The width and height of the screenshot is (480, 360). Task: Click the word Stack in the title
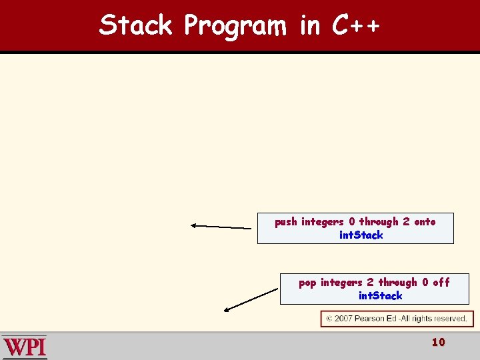click(135, 25)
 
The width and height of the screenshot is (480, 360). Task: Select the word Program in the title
click(235, 26)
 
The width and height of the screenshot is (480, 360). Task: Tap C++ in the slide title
click(356, 25)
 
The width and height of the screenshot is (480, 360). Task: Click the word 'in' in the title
click(310, 25)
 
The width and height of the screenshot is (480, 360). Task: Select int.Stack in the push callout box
click(361, 235)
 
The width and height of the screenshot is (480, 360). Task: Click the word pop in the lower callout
click(307, 283)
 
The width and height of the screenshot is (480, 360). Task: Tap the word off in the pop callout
click(441, 283)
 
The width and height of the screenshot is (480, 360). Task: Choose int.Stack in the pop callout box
click(381, 295)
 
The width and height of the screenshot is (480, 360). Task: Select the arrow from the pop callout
click(251, 299)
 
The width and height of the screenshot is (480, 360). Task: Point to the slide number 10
click(438, 343)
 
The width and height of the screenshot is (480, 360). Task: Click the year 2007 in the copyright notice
click(343, 319)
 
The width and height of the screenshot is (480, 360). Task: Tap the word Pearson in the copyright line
click(370, 319)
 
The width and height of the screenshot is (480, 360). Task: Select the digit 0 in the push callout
click(352, 222)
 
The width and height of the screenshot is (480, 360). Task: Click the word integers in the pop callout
click(341, 283)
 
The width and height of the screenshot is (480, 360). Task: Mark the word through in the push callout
click(379, 222)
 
